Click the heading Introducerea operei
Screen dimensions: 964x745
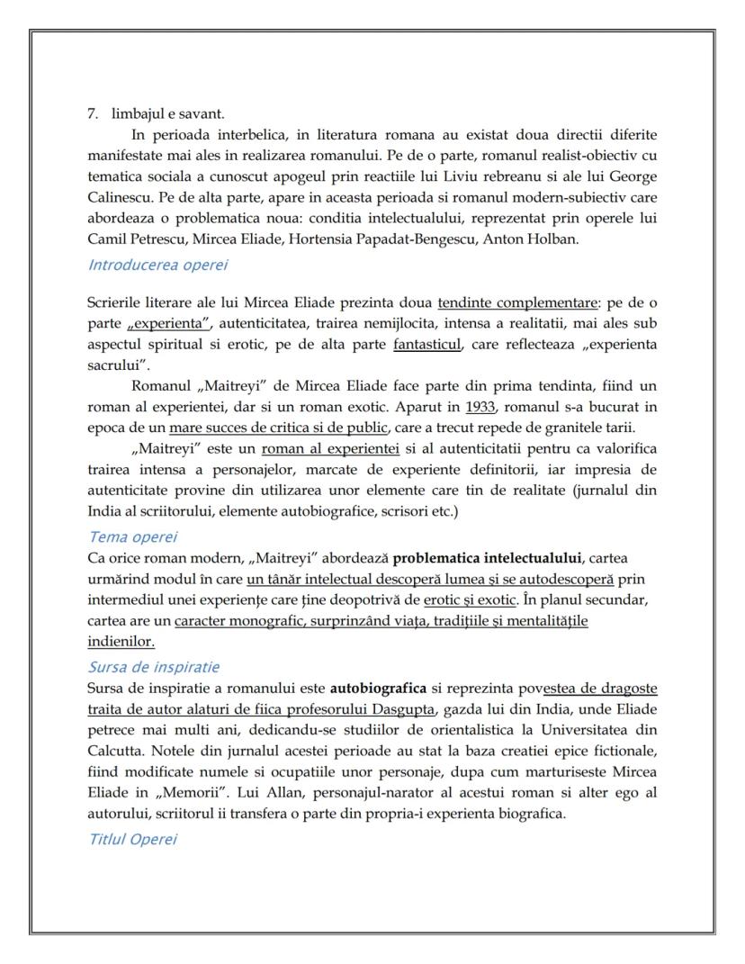[x=157, y=265]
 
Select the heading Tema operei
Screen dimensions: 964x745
[x=132, y=537]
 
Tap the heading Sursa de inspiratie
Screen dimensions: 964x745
[x=154, y=667]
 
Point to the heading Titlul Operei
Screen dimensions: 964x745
[x=132, y=839]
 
